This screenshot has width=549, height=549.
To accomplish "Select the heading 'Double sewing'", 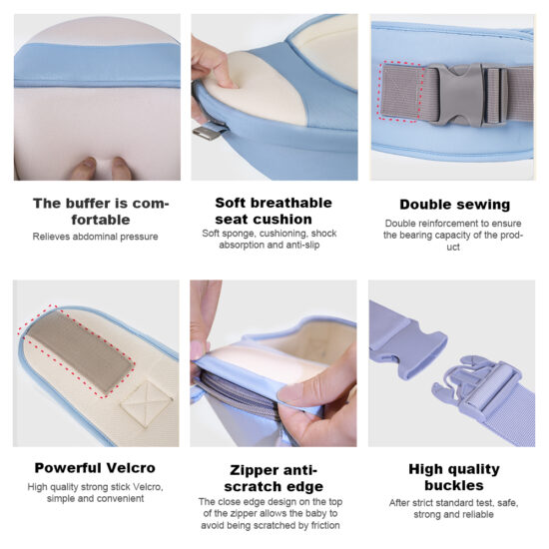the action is [455, 205].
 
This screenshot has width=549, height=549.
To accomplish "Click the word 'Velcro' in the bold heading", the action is [131, 468].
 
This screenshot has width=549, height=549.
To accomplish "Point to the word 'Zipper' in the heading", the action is [251, 471].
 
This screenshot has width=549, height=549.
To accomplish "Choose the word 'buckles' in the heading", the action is [454, 486].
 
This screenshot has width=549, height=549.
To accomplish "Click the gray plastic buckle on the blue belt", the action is [468, 94].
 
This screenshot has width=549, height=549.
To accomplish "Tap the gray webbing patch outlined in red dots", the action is [402, 92].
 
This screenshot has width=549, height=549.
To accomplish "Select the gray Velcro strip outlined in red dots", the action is [80, 351].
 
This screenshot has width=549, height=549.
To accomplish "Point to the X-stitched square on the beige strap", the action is [147, 403].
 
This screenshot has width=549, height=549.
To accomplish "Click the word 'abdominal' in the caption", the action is [95, 237].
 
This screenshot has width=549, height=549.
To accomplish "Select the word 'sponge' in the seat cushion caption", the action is [240, 234].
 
